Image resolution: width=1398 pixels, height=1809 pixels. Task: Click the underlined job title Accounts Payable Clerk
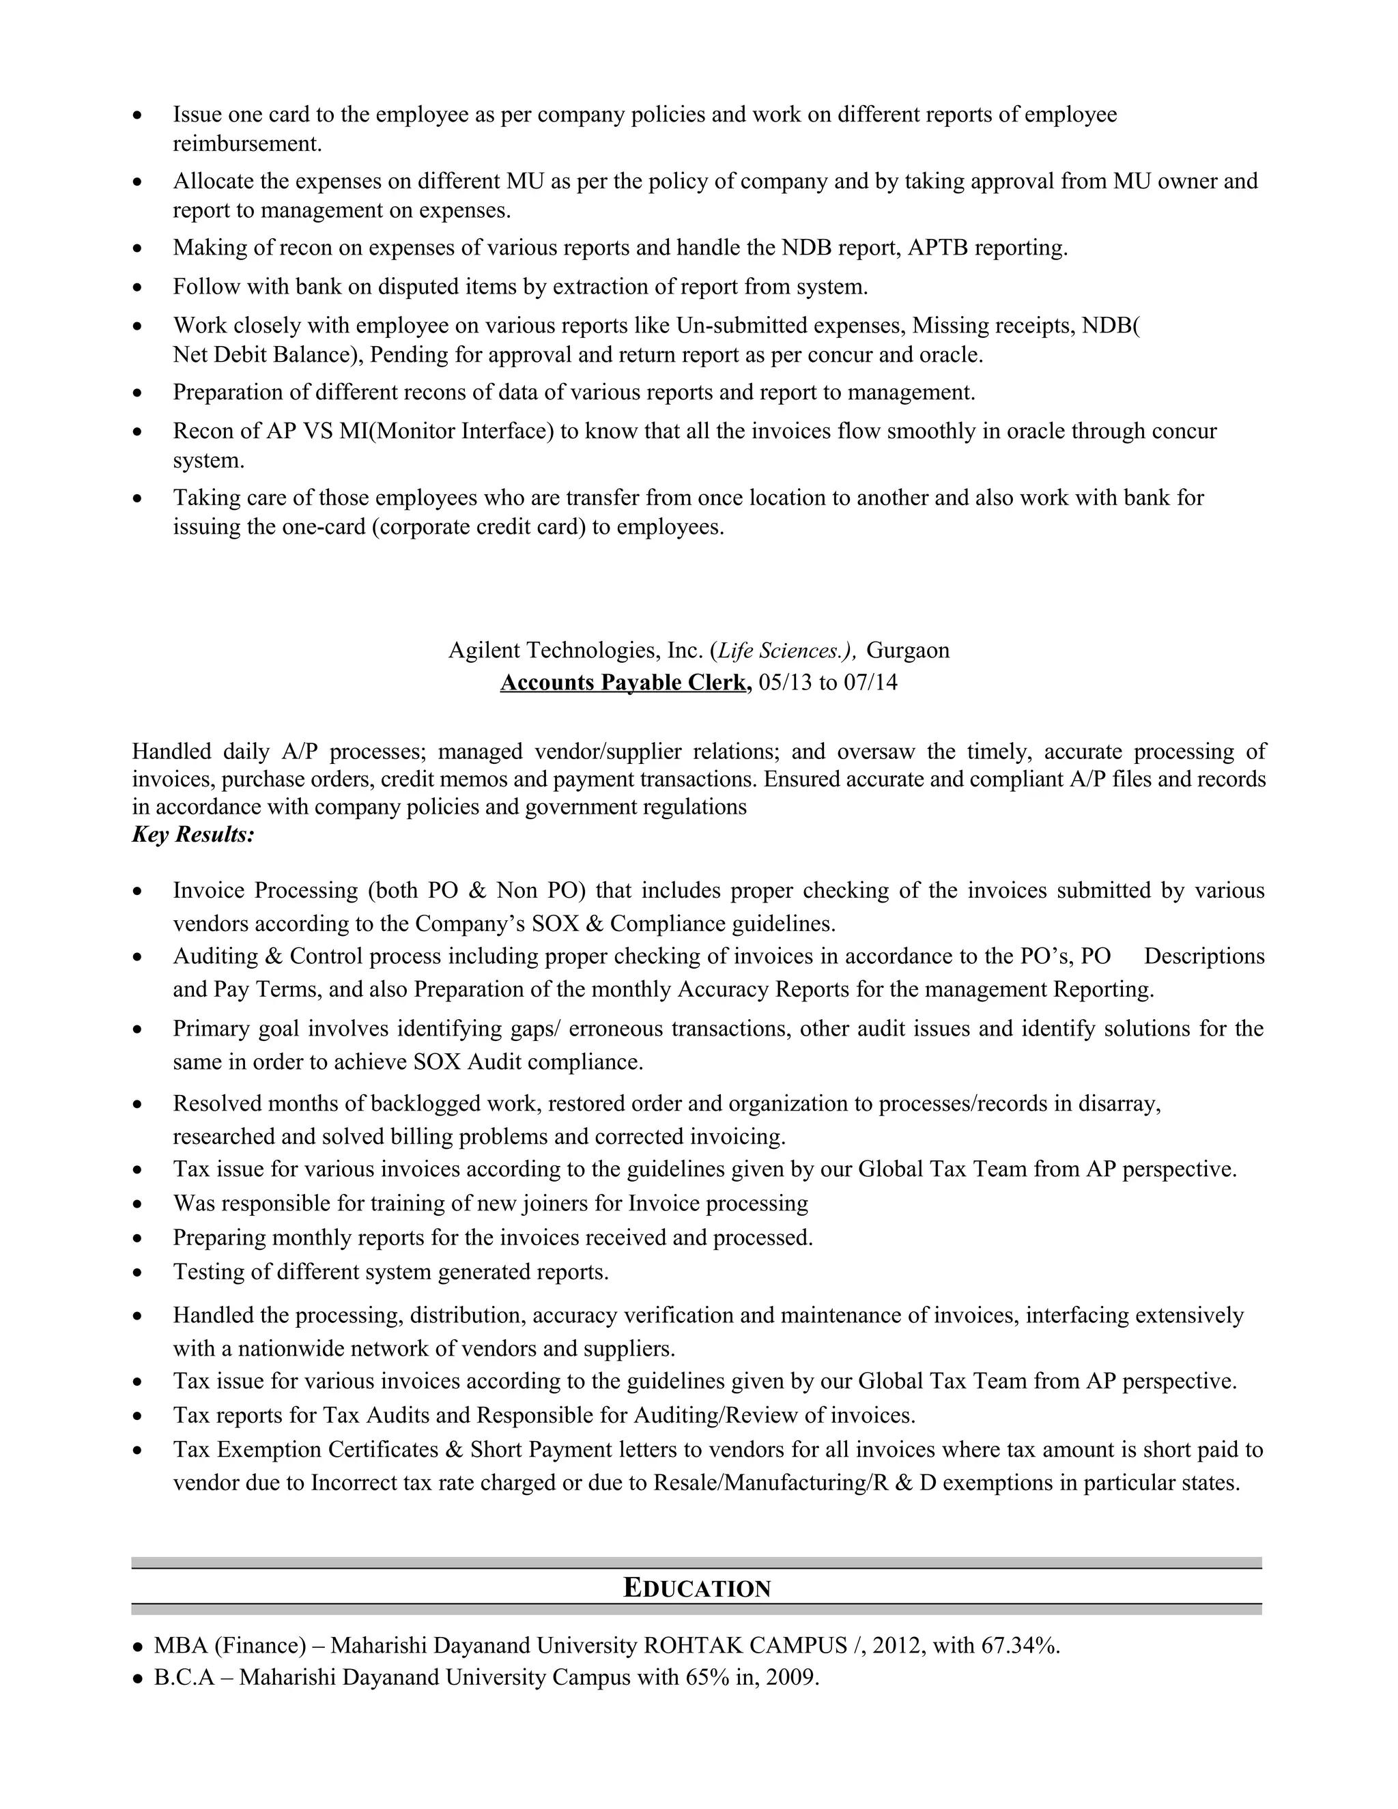(625, 683)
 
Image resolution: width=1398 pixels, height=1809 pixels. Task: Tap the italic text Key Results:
(193, 834)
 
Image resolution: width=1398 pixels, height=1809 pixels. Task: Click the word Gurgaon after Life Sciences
(908, 650)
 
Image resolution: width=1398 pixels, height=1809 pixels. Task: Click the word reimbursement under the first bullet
(246, 144)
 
